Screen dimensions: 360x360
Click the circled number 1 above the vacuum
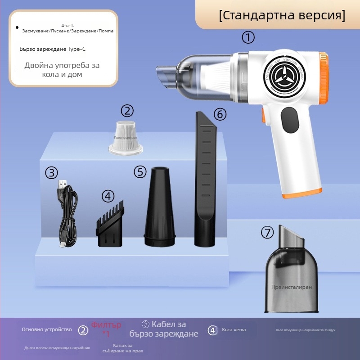(248, 37)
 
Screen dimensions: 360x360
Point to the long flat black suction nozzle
(205, 180)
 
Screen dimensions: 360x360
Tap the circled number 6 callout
(220, 114)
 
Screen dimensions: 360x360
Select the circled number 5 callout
(140, 171)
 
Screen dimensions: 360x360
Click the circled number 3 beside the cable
(52, 173)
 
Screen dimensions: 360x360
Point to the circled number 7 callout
(267, 233)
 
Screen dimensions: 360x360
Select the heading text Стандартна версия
(282, 15)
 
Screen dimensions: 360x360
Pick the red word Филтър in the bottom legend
(106, 325)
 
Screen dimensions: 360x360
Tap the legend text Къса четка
(234, 330)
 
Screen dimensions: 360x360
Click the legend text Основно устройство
(47, 330)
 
